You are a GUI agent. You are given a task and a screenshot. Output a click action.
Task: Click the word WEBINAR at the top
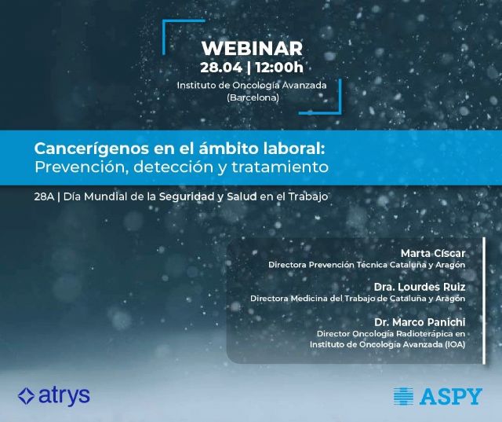(252, 48)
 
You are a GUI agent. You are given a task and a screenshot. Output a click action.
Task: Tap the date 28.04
(220, 68)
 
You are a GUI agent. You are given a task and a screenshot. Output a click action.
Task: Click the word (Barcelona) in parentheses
(253, 97)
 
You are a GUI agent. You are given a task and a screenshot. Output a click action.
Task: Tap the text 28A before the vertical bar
(44, 196)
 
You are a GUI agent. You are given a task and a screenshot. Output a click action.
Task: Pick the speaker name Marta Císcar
(432, 253)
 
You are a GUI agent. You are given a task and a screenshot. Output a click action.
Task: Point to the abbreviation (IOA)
(453, 344)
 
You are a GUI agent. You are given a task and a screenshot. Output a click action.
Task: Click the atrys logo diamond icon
(26, 396)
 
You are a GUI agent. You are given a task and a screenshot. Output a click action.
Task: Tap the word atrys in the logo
(64, 396)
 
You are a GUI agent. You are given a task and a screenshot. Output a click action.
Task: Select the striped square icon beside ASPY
(403, 396)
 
